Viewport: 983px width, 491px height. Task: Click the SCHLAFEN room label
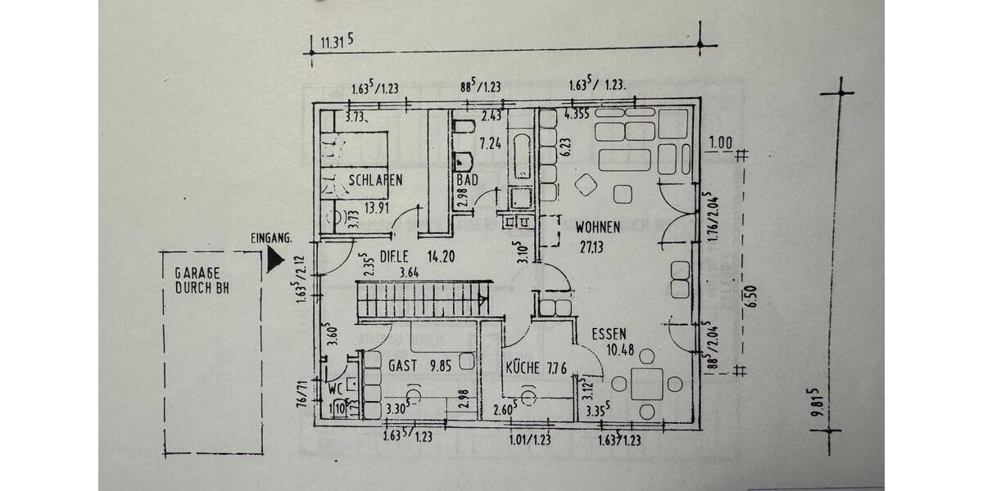374,181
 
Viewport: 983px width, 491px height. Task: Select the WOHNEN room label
597,227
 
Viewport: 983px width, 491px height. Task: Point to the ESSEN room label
609,334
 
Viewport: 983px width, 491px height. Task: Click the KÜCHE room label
523,368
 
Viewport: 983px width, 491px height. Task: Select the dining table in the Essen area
647,383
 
